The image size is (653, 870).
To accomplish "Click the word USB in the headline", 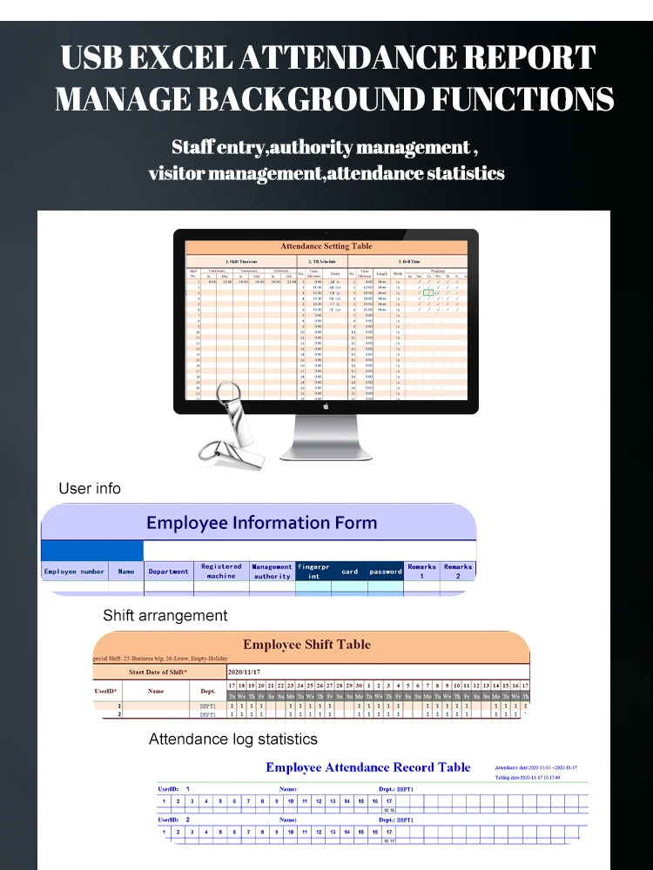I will (x=98, y=57).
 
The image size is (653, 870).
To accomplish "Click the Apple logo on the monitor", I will (x=326, y=405).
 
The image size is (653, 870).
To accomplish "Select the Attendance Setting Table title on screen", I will (x=326, y=246).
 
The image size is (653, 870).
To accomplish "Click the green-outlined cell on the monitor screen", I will (x=428, y=293).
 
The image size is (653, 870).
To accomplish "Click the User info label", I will (x=90, y=488).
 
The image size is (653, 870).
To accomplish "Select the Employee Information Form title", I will (x=261, y=523).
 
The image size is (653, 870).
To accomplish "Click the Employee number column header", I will (x=74, y=572).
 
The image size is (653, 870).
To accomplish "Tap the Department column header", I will (x=168, y=572).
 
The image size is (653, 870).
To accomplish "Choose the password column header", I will (x=386, y=572).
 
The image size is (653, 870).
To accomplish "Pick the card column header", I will (x=349, y=572).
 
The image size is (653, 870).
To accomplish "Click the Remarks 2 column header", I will (x=458, y=572).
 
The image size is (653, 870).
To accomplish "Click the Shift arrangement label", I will (x=165, y=615).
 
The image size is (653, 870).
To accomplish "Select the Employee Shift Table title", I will (x=306, y=645).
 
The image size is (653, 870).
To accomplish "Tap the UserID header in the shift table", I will (x=105, y=692).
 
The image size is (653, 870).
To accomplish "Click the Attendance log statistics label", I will (x=232, y=739).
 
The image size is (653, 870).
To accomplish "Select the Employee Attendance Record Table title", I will (x=367, y=767).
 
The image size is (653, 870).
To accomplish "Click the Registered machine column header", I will (x=221, y=572).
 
